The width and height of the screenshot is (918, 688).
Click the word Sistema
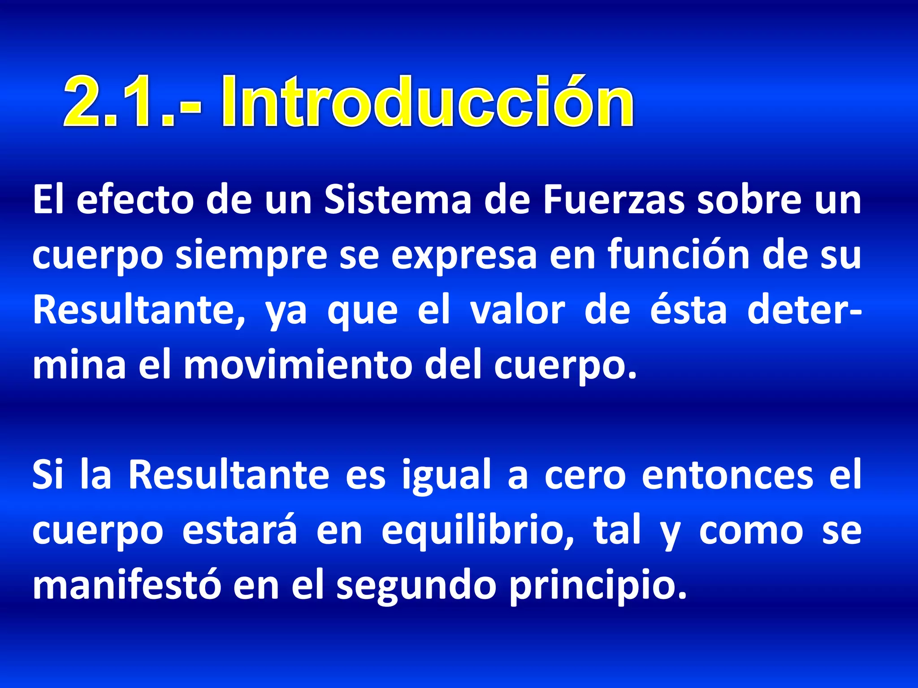click(x=398, y=200)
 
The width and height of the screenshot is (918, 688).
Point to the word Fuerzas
click(x=614, y=200)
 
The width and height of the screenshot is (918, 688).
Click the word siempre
click(x=251, y=256)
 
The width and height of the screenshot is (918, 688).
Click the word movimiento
click(x=298, y=365)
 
